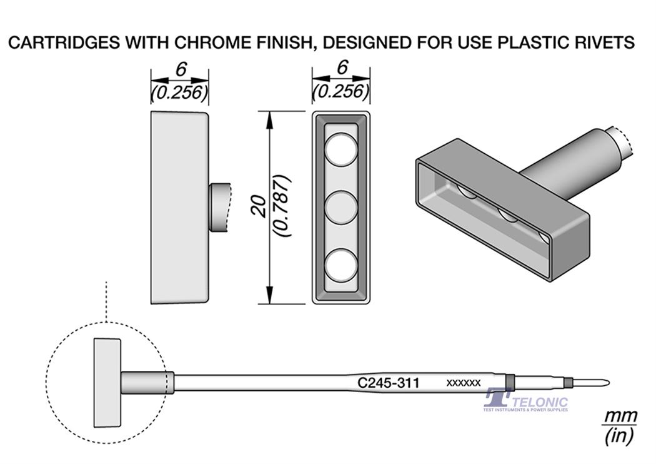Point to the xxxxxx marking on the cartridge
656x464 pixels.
pyautogui.click(x=463, y=383)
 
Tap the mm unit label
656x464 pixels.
pyautogui.click(x=620, y=416)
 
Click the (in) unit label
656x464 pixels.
pyautogui.click(x=620, y=436)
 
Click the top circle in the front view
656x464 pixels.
pyautogui.click(x=342, y=149)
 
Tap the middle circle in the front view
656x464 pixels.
pyautogui.click(x=342, y=208)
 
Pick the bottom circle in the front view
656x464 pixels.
pyautogui.click(x=342, y=265)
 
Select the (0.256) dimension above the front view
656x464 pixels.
pyautogui.click(x=341, y=91)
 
